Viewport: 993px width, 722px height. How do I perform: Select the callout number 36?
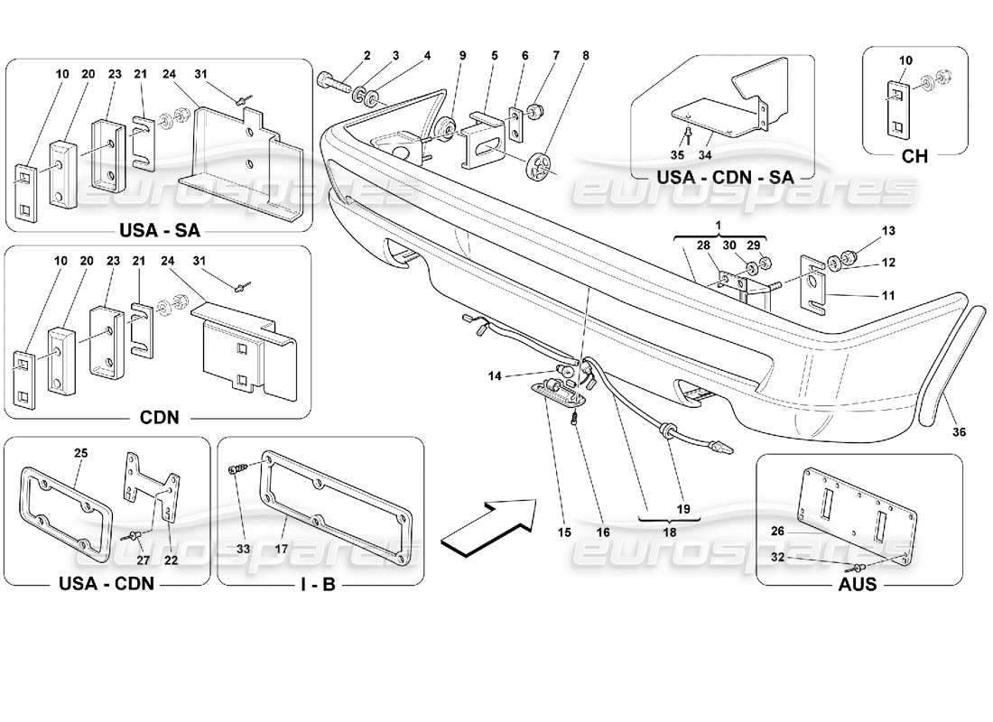pos(959,432)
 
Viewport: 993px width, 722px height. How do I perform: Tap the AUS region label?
pos(858,584)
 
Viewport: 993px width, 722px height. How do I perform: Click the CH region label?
pos(914,156)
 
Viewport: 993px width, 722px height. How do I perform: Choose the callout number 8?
pos(586,55)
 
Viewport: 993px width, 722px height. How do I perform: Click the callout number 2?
pos(367,55)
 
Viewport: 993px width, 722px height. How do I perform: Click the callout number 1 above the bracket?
pos(719,223)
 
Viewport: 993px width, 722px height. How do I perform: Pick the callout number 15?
pos(564,532)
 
